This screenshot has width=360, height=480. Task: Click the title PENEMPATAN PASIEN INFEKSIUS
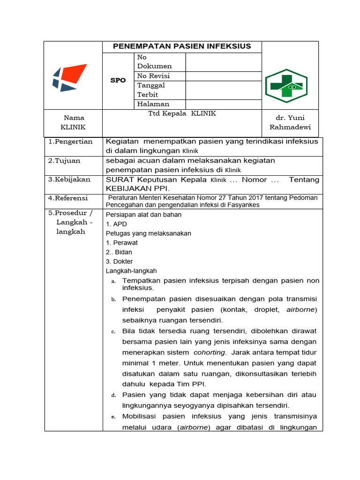182,46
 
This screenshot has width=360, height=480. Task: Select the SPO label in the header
118,80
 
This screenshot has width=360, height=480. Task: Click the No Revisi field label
153,76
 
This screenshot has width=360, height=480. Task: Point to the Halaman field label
153,104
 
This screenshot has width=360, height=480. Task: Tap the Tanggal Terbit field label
151,90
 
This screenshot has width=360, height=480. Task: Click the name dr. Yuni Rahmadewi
290,123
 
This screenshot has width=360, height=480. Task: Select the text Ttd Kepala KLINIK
182,113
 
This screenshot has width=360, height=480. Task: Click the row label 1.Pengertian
70,142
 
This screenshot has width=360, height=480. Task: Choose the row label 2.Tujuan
65,161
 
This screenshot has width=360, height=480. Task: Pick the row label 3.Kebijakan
69,180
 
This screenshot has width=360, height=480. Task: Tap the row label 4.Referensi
68,198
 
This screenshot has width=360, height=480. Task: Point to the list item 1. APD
116,224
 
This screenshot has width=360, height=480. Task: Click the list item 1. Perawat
121,243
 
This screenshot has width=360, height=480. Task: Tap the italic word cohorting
210,352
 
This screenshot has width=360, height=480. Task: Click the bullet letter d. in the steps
113,396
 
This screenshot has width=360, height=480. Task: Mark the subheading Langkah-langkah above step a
131,271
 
